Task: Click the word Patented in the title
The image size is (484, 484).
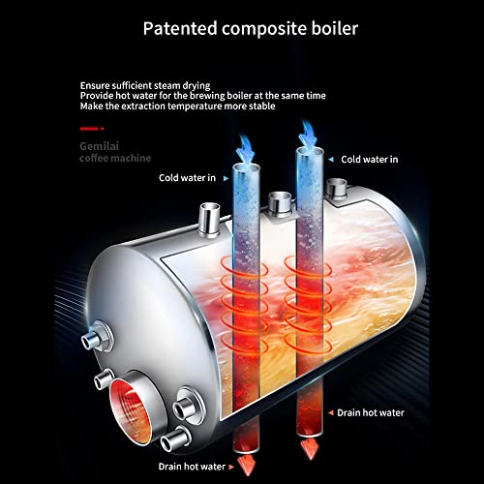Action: (180, 28)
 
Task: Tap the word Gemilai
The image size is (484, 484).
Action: (99, 146)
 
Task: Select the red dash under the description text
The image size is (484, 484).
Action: (89, 129)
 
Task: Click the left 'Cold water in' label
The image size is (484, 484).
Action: (187, 178)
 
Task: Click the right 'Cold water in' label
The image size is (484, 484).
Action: (370, 160)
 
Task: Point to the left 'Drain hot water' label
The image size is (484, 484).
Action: (192, 467)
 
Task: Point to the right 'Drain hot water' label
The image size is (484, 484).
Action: (371, 412)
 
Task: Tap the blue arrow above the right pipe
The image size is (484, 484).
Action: (308, 135)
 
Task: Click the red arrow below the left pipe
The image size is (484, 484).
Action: (247, 466)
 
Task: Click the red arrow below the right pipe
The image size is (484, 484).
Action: (310, 449)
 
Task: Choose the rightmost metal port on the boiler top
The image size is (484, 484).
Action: (336, 189)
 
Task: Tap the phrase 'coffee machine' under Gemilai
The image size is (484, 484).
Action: (115, 158)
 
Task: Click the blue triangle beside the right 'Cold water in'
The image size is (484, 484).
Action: (331, 160)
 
